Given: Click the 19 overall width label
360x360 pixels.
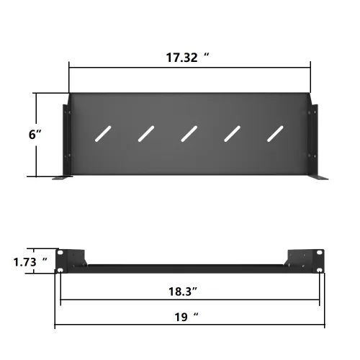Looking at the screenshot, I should click(x=185, y=316).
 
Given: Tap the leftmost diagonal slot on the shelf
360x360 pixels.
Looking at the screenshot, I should click(x=102, y=133).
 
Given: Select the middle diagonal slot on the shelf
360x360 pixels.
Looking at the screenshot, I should click(x=189, y=133).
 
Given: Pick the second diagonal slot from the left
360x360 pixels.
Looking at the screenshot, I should click(x=147, y=133).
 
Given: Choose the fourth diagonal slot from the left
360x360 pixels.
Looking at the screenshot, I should click(x=233, y=133).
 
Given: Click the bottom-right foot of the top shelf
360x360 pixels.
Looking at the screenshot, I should click(x=317, y=178).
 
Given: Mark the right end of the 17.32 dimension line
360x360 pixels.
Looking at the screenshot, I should click(x=310, y=67).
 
